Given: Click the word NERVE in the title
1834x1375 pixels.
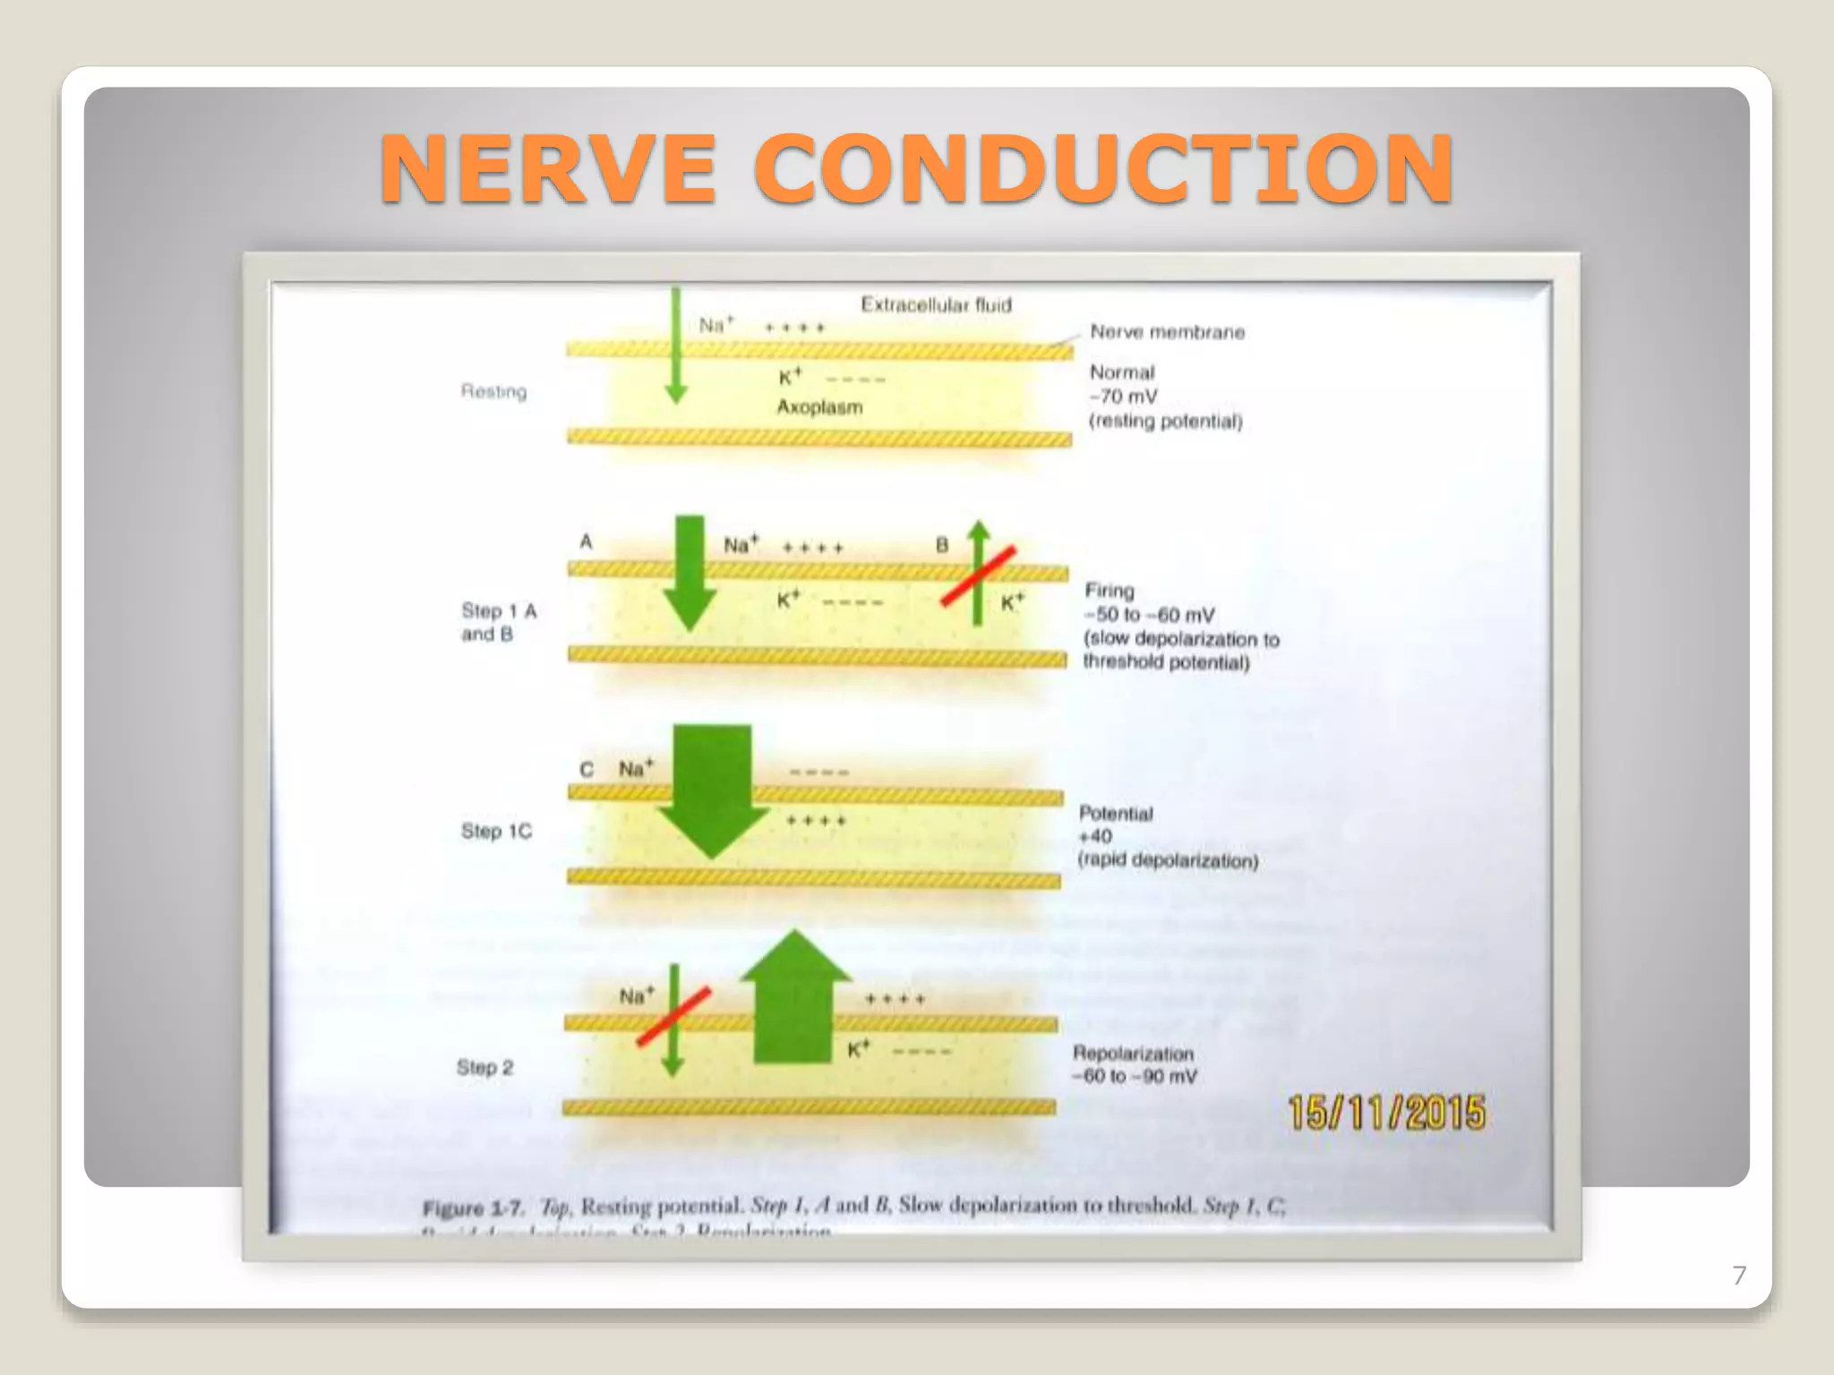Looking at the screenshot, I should click(548, 168).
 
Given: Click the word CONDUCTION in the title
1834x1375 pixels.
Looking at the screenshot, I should click(1104, 168).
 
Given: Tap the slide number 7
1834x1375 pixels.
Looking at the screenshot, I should click(1739, 1275).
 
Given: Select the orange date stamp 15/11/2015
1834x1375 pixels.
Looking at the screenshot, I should click(1386, 1113).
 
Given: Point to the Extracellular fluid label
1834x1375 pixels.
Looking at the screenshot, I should click(936, 305).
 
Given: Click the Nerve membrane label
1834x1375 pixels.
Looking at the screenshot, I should click(1167, 332).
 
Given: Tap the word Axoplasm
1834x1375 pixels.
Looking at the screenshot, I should click(819, 407).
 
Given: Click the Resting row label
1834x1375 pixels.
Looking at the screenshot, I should click(493, 391).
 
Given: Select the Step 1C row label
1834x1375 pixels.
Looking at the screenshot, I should click(496, 832).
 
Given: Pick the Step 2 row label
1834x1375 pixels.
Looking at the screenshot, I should click(484, 1067).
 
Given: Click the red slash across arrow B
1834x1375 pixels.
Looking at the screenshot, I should click(978, 576).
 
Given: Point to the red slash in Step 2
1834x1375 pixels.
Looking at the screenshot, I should click(673, 1016).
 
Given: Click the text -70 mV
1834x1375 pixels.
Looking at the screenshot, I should click(1124, 397).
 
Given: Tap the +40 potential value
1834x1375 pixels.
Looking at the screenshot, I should click(1095, 837).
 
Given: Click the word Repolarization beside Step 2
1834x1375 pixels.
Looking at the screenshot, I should click(1133, 1054).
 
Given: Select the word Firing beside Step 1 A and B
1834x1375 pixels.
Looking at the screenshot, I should click(1110, 591).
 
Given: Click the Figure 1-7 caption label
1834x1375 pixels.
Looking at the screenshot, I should click(472, 1208).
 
